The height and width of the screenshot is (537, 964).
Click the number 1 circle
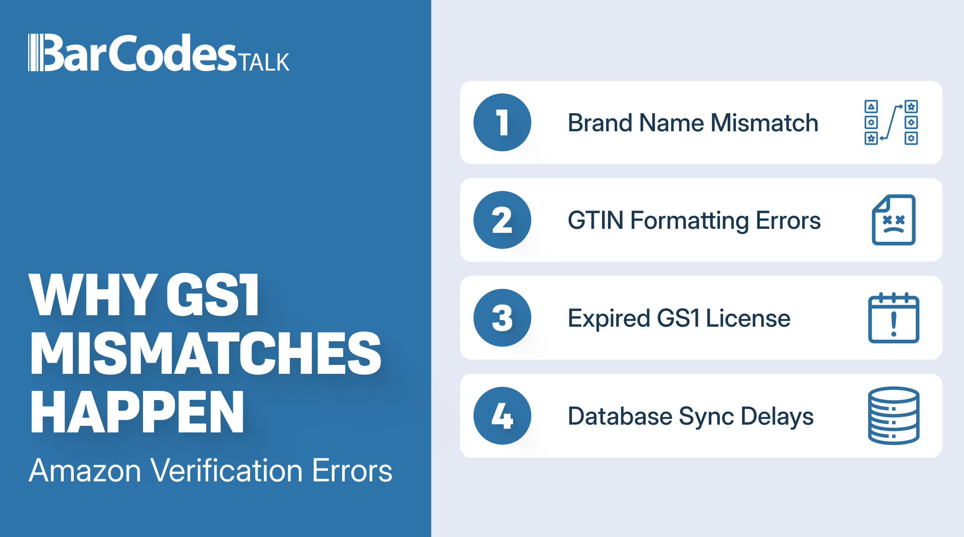[x=502, y=122]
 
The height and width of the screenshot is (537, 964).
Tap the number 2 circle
[x=502, y=220]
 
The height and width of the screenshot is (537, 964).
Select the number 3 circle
[x=502, y=317]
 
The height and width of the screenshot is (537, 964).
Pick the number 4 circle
[x=502, y=416]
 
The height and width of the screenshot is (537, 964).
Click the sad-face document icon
[x=894, y=220]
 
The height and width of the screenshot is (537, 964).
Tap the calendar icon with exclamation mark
[x=894, y=317]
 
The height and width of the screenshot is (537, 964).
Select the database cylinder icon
[x=894, y=416]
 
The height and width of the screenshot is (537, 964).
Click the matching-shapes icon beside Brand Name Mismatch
[x=891, y=122]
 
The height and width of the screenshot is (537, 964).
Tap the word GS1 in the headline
[x=213, y=295]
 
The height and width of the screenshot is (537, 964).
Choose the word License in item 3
[x=748, y=318]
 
